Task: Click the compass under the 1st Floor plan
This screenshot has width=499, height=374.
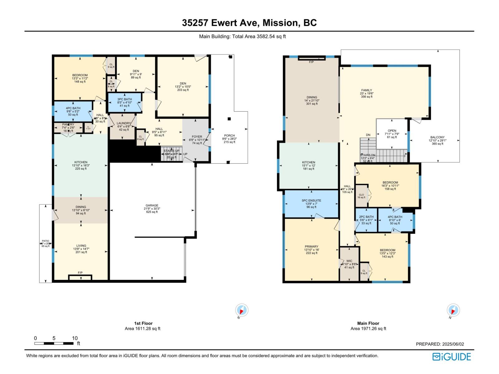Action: tap(242, 310)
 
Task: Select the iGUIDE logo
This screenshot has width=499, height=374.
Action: tap(452, 357)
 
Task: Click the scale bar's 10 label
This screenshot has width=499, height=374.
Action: tap(75, 338)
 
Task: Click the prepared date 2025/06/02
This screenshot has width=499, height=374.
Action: tap(453, 344)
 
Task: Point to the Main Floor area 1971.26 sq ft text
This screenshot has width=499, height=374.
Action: tap(368, 328)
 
